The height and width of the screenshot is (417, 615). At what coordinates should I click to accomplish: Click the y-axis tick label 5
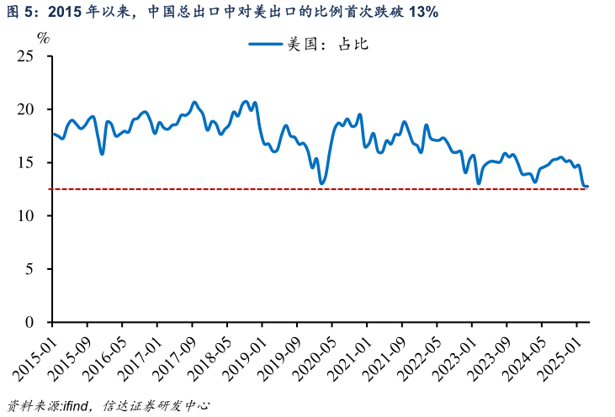(x=33, y=269)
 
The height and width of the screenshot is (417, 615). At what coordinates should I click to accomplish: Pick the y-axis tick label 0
(x=33, y=322)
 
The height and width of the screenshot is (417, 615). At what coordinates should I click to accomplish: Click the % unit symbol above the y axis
(x=44, y=38)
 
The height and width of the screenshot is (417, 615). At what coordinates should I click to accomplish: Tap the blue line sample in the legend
(x=266, y=45)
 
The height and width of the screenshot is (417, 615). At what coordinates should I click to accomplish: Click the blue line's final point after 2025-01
(x=587, y=187)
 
